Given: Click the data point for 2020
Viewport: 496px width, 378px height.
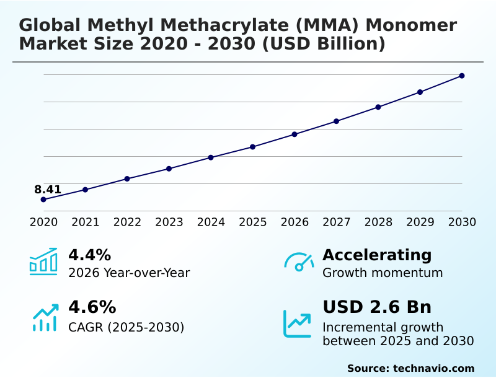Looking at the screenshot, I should [43, 200].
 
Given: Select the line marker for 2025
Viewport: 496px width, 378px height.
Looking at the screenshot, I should [253, 147].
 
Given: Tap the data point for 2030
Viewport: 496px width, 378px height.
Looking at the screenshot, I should [462, 76].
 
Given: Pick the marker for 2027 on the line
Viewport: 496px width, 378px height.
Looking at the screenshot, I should [336, 121].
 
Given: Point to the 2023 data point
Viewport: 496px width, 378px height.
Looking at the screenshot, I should [169, 169].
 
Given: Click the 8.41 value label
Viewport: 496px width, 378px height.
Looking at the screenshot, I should [48, 190].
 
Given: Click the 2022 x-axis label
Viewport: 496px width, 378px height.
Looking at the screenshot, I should [127, 222].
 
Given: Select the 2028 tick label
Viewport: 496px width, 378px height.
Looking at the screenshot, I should [378, 222].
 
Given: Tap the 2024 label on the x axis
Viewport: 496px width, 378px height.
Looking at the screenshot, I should [211, 222].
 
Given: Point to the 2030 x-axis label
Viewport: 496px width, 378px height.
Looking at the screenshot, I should [462, 222].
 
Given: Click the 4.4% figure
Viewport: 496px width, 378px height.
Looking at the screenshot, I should [89, 255].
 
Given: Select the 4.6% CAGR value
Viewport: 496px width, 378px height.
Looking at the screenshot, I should [92, 307].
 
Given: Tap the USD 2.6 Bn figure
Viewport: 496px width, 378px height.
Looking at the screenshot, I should [377, 307].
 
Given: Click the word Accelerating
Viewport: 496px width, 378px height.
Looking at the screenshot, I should [377, 255].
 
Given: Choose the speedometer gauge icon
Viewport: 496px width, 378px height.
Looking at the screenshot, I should [298, 262].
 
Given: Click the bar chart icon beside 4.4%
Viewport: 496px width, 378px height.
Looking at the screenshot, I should [43, 262].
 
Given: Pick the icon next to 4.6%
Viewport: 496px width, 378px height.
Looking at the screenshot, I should [45, 317].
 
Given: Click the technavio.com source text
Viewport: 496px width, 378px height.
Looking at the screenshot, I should [433, 368].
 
